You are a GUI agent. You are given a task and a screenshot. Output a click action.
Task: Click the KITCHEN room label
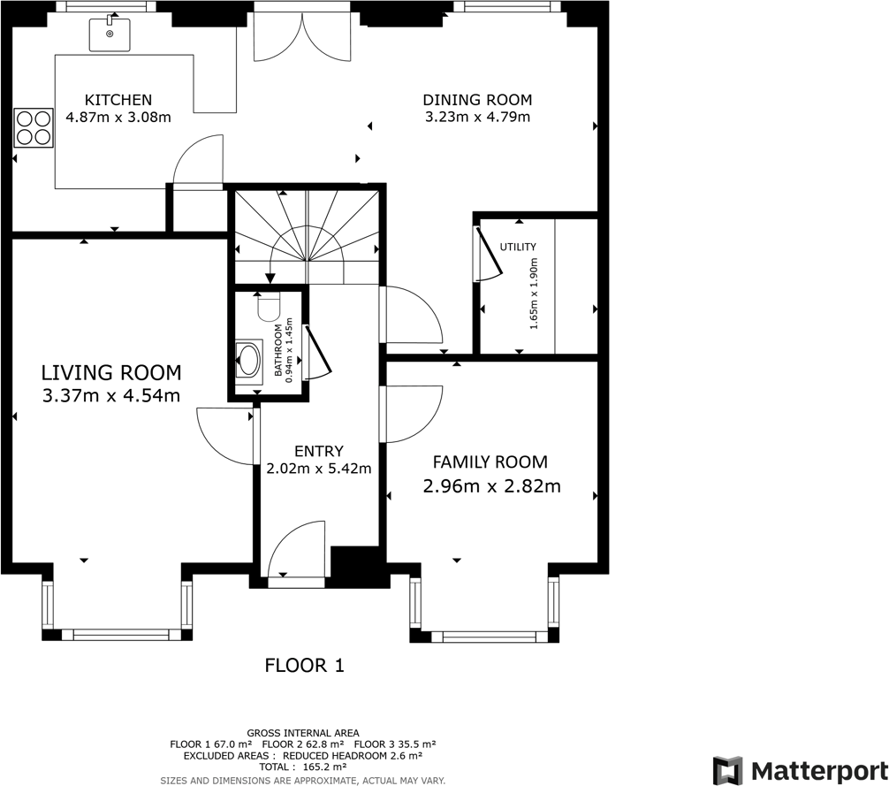[118, 100]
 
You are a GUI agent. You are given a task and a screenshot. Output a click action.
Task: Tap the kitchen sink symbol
[110, 34]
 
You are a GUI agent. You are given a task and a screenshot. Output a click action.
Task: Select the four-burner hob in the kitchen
[34, 127]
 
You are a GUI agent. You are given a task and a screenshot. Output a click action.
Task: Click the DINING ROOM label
[477, 100]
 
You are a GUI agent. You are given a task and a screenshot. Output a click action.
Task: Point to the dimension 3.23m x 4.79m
[477, 117]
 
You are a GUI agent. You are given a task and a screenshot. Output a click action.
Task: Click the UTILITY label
[518, 247]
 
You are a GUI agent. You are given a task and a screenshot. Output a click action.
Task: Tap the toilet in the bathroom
[268, 308]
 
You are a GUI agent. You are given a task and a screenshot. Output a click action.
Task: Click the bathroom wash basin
[249, 359]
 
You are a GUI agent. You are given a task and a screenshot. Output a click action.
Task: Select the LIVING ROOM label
[111, 372]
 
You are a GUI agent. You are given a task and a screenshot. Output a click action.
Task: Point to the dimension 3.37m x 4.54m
[111, 395]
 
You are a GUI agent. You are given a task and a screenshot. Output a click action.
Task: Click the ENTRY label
[319, 452]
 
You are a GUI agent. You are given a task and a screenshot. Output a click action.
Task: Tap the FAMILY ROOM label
[490, 462]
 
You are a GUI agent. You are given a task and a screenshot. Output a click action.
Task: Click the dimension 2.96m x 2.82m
[491, 486]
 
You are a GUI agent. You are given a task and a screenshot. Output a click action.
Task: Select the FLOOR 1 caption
[305, 665]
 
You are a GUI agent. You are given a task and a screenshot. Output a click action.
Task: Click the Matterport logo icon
[728, 771]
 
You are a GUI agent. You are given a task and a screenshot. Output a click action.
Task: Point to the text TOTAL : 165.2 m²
[303, 767]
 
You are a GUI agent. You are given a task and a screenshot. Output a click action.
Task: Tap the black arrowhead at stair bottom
[270, 279]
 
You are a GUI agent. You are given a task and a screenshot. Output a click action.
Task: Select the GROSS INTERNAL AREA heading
[303, 733]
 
